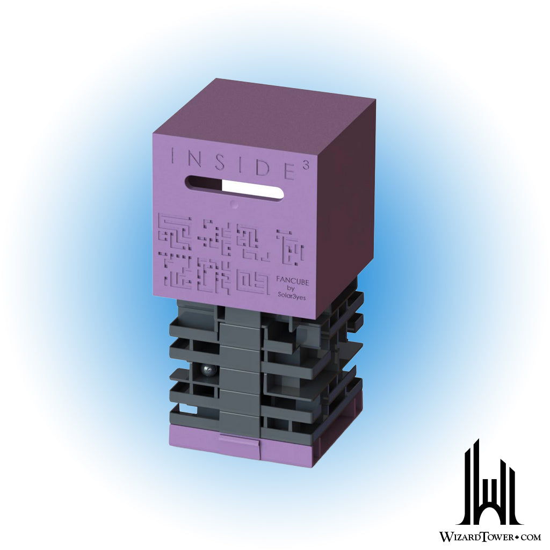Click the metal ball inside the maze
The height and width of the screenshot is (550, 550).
click(206, 371)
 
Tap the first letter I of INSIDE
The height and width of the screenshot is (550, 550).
click(173, 156)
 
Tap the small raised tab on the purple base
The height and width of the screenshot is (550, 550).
click(240, 442)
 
